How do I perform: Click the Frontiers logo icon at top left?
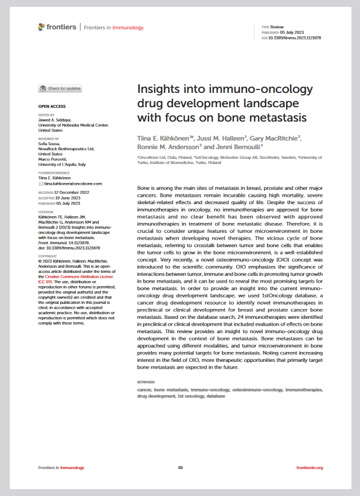tap(41, 27)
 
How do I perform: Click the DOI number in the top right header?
tap(292, 37)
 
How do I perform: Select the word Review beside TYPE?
tap(277, 27)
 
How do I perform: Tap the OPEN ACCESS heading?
tap(52, 106)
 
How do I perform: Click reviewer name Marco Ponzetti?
tap(53, 159)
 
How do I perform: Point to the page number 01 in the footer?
tap(180, 468)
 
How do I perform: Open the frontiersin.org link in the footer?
tap(310, 468)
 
